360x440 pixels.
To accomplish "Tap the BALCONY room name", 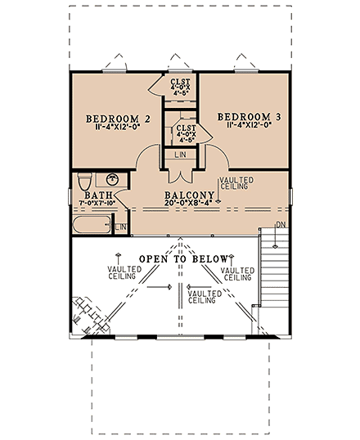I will (178, 195).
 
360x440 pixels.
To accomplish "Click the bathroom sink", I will (112, 179).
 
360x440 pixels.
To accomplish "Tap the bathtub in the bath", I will (91, 227).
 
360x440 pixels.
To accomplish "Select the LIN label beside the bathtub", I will (119, 227).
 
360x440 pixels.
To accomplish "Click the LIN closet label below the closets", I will (180, 154).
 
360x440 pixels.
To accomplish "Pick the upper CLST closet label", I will (180, 82).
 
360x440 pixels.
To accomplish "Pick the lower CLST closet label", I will (186, 128).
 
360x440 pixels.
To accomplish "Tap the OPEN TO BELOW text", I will (178, 258).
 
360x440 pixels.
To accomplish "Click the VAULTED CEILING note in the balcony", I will (236, 183).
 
